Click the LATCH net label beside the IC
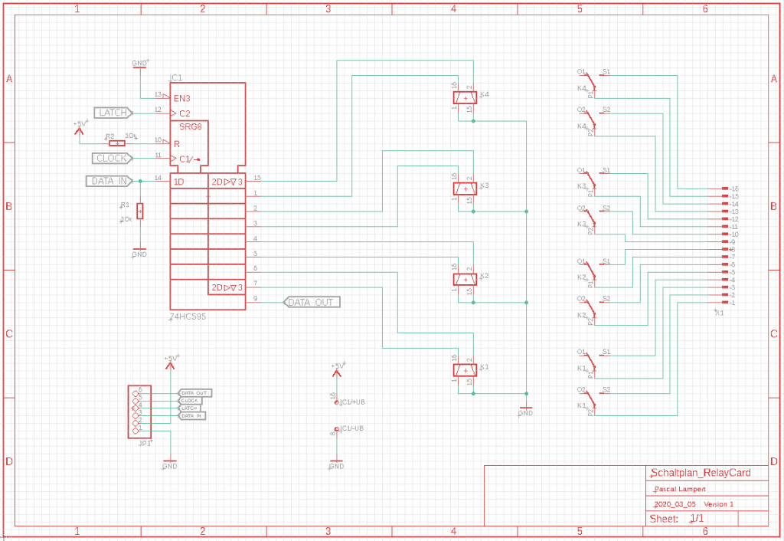pos(113,113)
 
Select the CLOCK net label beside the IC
pos(112,159)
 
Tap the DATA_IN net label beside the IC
pos(108,181)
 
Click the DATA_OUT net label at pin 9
pos(312,302)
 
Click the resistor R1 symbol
pos(140,211)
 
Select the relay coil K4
pos(464,97)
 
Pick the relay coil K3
pos(464,188)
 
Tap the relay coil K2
pos(464,279)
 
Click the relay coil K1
pos(464,370)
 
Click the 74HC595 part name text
pos(188,316)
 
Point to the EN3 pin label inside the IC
pos(181,98)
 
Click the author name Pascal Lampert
pos(680,489)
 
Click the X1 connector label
pos(718,313)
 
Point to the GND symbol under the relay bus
pos(525,410)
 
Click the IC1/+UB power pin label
pos(352,402)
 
